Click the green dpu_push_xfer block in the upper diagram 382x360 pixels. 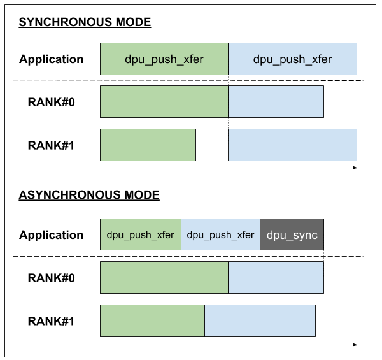(164, 59)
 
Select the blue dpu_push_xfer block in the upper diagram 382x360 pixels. (292, 59)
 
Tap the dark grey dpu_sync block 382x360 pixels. (292, 234)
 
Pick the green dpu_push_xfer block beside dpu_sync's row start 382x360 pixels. (141, 234)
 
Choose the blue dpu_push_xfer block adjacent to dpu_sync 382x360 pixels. (220, 234)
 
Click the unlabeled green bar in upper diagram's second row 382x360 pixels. (164, 102)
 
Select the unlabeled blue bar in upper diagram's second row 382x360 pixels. (276, 102)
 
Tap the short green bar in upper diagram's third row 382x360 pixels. (148, 145)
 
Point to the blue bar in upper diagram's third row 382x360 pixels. (292, 145)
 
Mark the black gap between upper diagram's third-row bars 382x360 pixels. (212, 145)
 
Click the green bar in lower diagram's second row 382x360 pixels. (164, 277)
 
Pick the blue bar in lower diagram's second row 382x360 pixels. (276, 277)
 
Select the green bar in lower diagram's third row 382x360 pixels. (152, 320)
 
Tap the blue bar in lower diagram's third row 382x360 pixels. (260, 320)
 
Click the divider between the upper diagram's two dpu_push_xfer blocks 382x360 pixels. (228, 59)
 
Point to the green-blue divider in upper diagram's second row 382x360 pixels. (228, 102)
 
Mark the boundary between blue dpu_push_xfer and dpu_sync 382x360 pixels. (260, 234)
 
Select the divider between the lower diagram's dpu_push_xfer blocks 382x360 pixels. (181, 234)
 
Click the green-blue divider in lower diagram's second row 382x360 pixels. (228, 277)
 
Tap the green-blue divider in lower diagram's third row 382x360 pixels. (204, 320)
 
